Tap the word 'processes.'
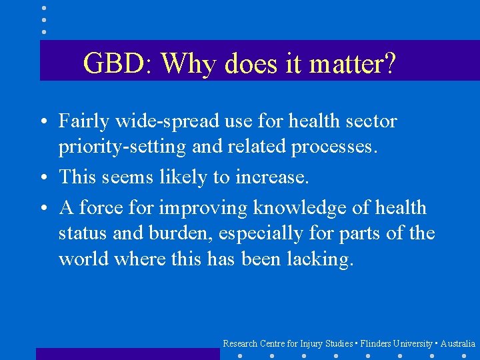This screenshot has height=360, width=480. [334, 147]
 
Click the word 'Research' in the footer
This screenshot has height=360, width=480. [240, 343]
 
